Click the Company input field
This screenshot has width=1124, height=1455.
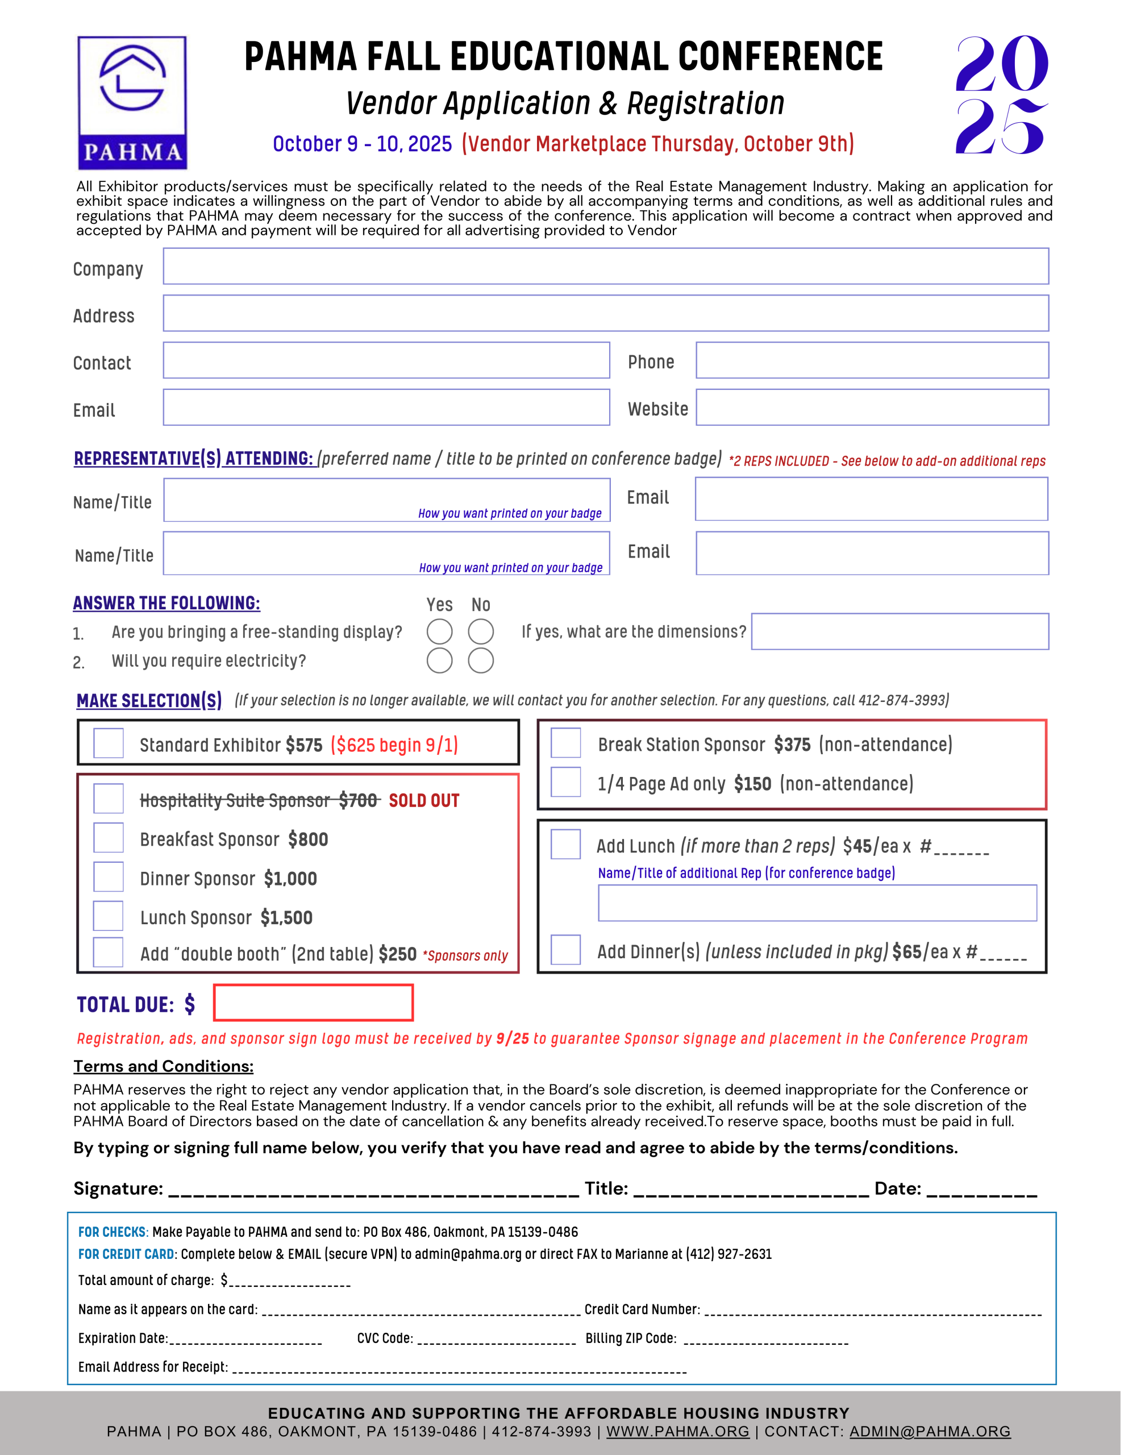click(x=606, y=267)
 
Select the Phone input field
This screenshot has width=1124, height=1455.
click(x=872, y=360)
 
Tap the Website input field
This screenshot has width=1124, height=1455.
click(x=872, y=408)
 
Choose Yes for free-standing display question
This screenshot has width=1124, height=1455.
click(x=440, y=631)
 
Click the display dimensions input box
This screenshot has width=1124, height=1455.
click(x=900, y=631)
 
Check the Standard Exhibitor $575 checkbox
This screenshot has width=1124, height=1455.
click(x=109, y=743)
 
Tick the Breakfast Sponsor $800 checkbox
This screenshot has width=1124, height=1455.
click(x=109, y=838)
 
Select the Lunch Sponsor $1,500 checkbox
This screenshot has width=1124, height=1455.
click(x=109, y=916)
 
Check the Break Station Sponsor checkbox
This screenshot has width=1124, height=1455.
click(x=565, y=743)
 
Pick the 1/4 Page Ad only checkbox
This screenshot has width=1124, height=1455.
click(x=565, y=782)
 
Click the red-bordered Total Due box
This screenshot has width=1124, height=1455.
click(x=313, y=1003)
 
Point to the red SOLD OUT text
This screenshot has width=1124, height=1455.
click(x=424, y=801)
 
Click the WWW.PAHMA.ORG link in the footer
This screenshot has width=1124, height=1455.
click(x=677, y=1432)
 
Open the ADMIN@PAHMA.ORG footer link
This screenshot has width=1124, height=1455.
click(x=930, y=1432)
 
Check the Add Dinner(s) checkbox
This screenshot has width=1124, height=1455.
click(x=565, y=950)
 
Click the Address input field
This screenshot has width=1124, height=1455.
click(x=606, y=313)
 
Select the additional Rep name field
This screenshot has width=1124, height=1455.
click(x=817, y=903)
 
